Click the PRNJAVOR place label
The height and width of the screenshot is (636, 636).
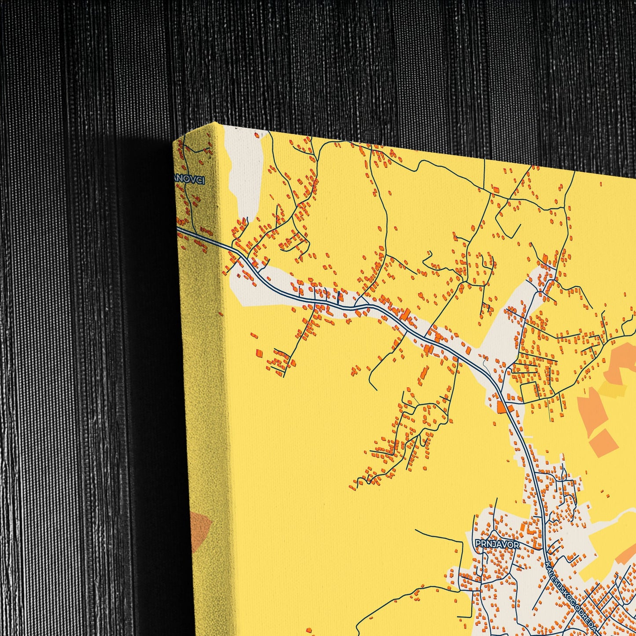(x=497, y=544)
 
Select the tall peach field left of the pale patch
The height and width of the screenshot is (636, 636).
(x=592, y=409)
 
